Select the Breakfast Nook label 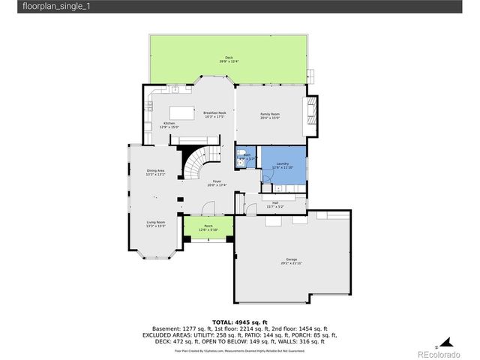click(x=214, y=114)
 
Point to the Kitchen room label click(x=169, y=124)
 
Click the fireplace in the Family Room click(x=313, y=111)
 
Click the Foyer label click(x=217, y=181)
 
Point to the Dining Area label click(x=155, y=171)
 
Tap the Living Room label click(x=155, y=222)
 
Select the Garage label click(x=291, y=259)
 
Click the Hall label click(x=275, y=203)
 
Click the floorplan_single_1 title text click(x=34, y=7)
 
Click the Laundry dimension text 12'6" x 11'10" click(x=283, y=167)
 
